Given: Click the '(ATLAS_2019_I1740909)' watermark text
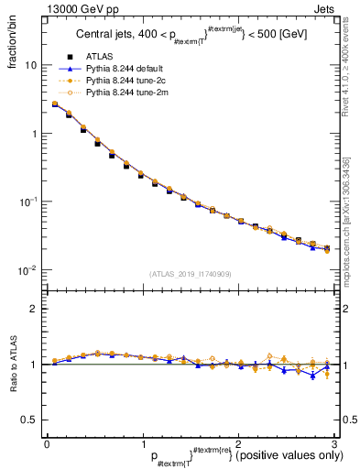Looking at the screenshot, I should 189,273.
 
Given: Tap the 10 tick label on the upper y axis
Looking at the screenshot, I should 30,66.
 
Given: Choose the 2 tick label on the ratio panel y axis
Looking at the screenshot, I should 33,309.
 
